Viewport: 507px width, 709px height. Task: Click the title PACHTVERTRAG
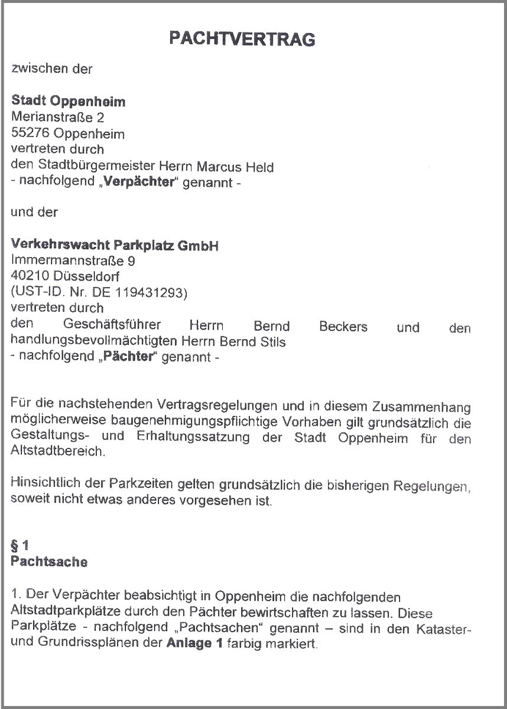pyautogui.click(x=242, y=39)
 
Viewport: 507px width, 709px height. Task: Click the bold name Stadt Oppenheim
pyautogui.click(x=69, y=101)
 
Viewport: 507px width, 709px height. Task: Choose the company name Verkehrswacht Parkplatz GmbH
pyautogui.click(x=115, y=245)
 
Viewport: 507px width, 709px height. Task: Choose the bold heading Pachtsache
pyautogui.click(x=49, y=562)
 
